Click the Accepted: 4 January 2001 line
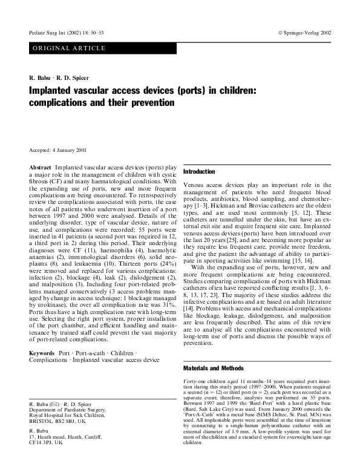(59, 149)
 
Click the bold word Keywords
(42, 353)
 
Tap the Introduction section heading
(199, 172)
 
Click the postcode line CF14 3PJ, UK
(46, 443)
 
